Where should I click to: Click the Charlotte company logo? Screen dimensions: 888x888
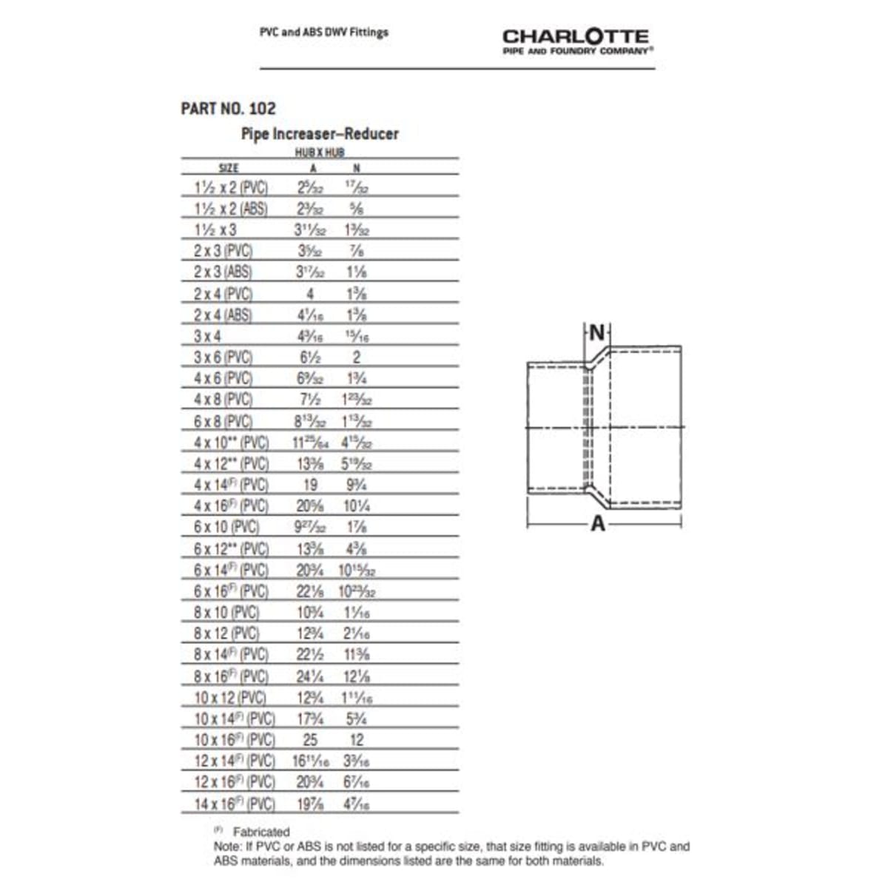click(576, 41)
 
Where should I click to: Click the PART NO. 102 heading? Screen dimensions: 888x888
click(228, 108)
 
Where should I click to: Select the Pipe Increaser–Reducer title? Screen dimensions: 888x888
click(320, 134)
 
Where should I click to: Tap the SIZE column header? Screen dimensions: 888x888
click(229, 169)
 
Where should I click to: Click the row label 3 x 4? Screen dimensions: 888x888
click(207, 336)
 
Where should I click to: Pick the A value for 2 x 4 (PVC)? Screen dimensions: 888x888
click(310, 294)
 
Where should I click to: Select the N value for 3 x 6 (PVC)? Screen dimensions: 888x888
click(356, 357)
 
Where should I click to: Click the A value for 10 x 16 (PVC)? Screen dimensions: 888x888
click(310, 739)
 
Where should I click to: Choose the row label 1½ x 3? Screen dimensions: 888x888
click(215, 229)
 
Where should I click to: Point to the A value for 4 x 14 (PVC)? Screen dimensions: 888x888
click(310, 485)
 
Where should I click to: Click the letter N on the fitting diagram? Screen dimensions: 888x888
click(596, 334)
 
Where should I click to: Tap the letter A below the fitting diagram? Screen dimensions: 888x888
click(598, 524)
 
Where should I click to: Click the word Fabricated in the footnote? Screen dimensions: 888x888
click(261, 832)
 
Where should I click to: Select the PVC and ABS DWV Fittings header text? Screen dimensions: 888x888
click(323, 33)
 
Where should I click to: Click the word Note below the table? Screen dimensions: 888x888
click(225, 846)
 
